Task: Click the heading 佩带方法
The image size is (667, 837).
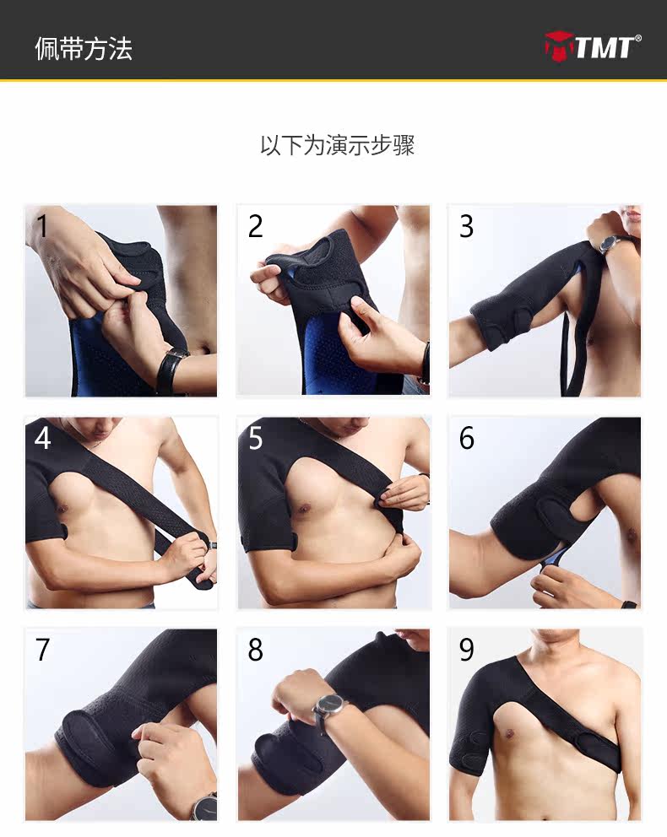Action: point(84,48)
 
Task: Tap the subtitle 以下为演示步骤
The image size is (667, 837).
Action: point(337,145)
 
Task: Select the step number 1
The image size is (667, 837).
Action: point(41,226)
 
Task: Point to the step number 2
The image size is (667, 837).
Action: point(255,226)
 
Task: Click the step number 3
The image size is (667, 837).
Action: point(466,226)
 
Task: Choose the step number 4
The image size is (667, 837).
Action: point(42,439)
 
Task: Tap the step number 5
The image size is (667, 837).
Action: point(255,439)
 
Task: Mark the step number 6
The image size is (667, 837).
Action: point(466,439)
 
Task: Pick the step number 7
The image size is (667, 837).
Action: point(42,651)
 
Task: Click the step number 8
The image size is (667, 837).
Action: point(255,651)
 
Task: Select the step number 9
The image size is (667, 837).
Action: point(466,651)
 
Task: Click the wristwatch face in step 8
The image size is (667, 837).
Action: point(328,704)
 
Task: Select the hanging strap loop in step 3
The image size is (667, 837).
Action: point(571,354)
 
